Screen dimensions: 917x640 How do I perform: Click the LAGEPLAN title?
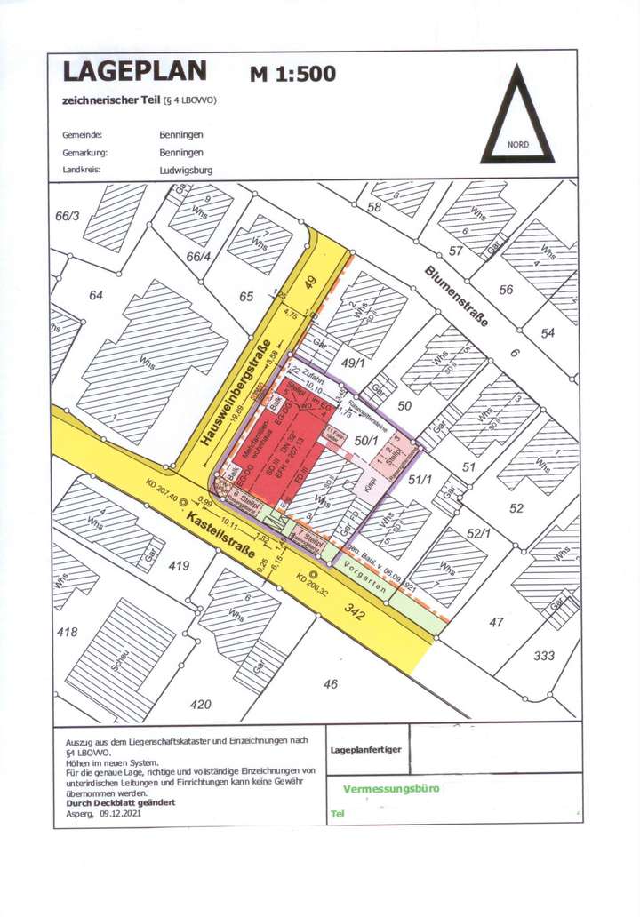click(x=133, y=70)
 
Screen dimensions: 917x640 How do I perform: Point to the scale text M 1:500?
click(x=292, y=74)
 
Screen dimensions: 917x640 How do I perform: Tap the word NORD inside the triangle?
click(x=517, y=144)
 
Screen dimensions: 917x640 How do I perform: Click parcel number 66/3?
click(x=68, y=216)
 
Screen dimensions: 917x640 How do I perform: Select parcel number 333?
click(x=545, y=656)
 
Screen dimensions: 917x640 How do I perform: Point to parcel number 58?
click(x=373, y=207)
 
